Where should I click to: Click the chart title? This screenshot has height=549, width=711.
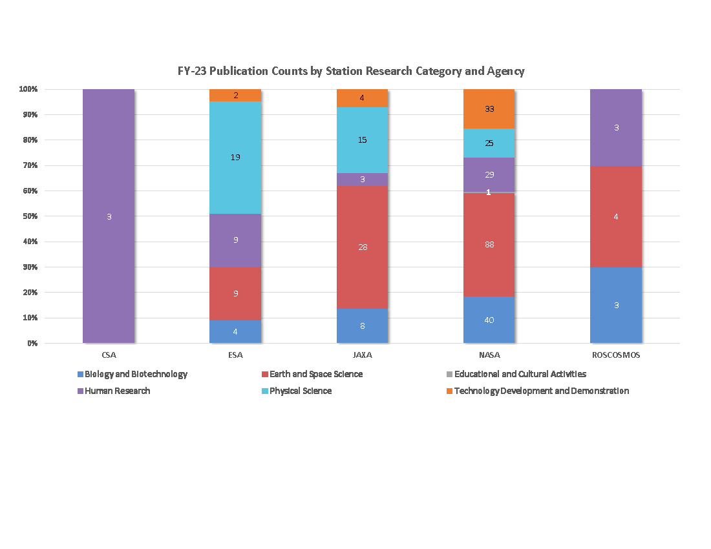(x=351, y=71)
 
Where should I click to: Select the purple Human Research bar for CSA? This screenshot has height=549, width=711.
(x=109, y=216)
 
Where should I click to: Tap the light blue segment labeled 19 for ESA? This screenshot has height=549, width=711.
(x=235, y=157)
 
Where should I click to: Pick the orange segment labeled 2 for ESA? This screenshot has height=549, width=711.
(x=235, y=96)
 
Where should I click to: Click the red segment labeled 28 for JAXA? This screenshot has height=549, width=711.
(x=362, y=247)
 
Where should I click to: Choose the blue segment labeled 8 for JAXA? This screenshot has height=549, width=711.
(x=362, y=326)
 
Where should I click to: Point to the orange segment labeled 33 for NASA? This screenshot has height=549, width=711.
(x=489, y=109)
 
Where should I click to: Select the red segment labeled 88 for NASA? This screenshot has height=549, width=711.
(x=489, y=244)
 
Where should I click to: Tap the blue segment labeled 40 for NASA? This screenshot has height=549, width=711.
(x=489, y=320)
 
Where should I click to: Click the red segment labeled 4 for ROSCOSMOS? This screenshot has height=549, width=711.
(x=616, y=216)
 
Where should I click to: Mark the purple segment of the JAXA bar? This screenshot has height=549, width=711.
(x=362, y=180)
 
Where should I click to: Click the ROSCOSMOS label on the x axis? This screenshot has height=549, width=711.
(x=616, y=355)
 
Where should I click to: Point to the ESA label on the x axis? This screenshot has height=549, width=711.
(x=235, y=355)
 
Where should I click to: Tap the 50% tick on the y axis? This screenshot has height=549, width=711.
(x=31, y=216)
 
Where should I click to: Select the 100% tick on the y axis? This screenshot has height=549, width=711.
(x=30, y=89)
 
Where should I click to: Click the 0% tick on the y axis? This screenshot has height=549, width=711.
(x=32, y=344)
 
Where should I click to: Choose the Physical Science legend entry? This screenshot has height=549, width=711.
(x=300, y=391)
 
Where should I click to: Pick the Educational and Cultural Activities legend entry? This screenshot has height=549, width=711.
(x=520, y=374)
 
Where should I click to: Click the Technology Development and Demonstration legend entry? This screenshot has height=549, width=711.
(x=541, y=391)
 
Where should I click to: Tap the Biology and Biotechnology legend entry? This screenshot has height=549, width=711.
(x=136, y=374)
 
